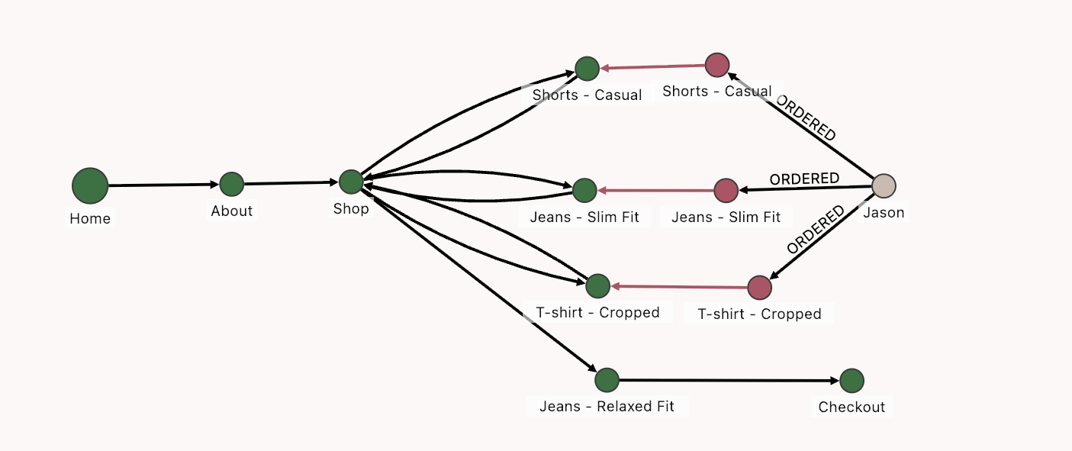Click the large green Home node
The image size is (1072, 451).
[x=90, y=185]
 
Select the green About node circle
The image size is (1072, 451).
[x=231, y=184]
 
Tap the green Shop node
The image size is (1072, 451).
[x=351, y=182]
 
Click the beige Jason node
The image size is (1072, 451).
[x=884, y=185]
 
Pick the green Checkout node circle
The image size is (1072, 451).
[x=851, y=380]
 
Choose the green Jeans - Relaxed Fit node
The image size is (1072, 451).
[x=607, y=379]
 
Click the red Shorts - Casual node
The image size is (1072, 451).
[x=717, y=66]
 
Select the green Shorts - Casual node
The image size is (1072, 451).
[x=587, y=69]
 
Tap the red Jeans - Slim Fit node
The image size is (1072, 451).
[x=726, y=190]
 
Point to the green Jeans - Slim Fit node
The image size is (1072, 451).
[x=584, y=190]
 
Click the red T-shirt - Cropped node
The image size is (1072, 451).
[x=759, y=288]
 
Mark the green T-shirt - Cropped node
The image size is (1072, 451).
[x=597, y=285]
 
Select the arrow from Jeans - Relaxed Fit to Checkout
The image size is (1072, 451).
[x=729, y=380]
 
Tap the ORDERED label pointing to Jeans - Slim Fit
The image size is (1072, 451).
[x=804, y=179]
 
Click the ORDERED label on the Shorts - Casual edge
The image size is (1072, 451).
[x=806, y=118]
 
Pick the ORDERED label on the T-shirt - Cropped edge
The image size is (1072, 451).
[x=816, y=230]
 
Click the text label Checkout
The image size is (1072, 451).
[x=851, y=407]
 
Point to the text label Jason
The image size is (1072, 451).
[x=884, y=213]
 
